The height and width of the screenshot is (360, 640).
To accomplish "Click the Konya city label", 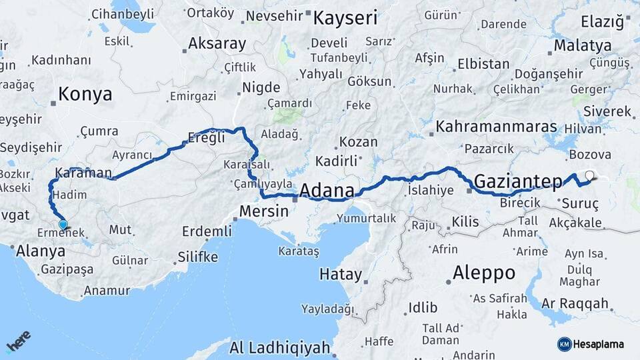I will (x=85, y=94).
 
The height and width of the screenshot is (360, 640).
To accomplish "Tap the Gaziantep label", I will (x=519, y=181).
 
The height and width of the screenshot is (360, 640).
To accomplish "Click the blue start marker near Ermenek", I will (x=63, y=225).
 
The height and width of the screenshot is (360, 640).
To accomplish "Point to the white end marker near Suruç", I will (x=589, y=176).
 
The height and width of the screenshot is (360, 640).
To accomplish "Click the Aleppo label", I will (x=483, y=273).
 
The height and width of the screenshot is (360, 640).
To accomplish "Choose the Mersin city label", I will (x=264, y=211).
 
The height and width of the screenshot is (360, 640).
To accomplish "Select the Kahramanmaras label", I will (x=496, y=127).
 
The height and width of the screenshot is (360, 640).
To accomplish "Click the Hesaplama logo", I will (x=591, y=344).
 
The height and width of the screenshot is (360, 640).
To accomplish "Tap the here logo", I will (x=19, y=341).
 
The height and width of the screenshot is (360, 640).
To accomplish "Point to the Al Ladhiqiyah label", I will (x=279, y=347).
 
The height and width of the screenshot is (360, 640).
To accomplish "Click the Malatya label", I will (x=583, y=46).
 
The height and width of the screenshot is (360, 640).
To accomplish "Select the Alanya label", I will (x=41, y=251).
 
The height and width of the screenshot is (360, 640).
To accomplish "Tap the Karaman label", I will (x=83, y=173).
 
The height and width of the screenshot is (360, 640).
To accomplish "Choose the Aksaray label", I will (x=217, y=44).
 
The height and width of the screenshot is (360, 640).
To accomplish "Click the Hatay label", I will (x=340, y=274).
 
